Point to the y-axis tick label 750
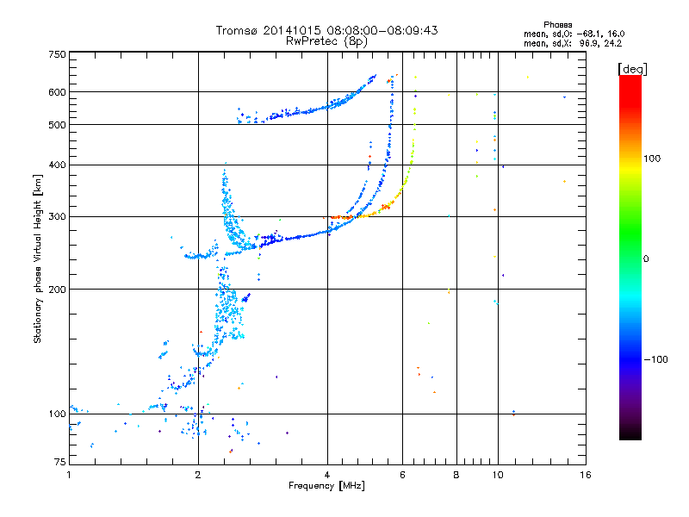(57, 54)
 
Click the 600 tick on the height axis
(57, 92)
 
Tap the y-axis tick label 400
(57, 165)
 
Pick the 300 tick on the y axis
(57, 216)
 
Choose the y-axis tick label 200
(57, 290)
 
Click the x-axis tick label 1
(69, 475)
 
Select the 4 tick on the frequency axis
(327, 475)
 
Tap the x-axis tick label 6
(402, 475)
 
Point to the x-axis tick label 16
(584, 475)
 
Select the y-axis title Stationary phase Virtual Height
(38, 259)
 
